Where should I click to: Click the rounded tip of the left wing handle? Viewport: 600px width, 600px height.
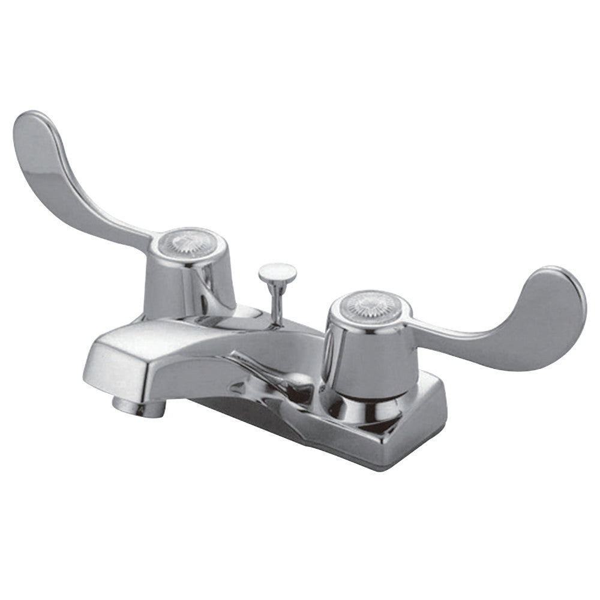click(30, 129)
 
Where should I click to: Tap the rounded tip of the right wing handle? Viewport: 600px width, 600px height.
click(567, 294)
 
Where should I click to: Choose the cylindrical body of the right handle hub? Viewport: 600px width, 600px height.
click(366, 354)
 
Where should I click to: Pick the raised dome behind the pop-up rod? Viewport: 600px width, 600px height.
click(243, 315)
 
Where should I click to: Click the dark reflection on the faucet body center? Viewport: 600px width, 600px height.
click(288, 384)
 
